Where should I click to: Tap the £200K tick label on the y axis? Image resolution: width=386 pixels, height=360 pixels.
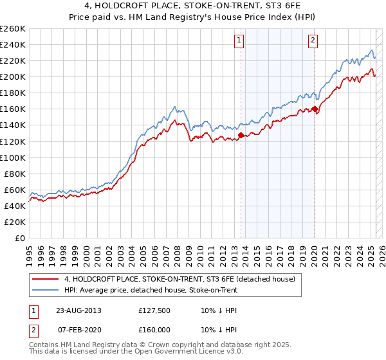13,76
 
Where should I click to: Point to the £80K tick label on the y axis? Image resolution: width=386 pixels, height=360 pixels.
15,174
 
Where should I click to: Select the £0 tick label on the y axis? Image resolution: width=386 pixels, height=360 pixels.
19,238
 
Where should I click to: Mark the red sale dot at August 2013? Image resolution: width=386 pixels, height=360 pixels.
241,135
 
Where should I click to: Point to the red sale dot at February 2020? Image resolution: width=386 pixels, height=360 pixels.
315,109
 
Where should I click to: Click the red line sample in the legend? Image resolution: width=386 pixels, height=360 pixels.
45,279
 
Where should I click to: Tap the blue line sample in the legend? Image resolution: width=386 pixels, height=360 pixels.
45,291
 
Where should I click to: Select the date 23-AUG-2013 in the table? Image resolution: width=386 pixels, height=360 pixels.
79,311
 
